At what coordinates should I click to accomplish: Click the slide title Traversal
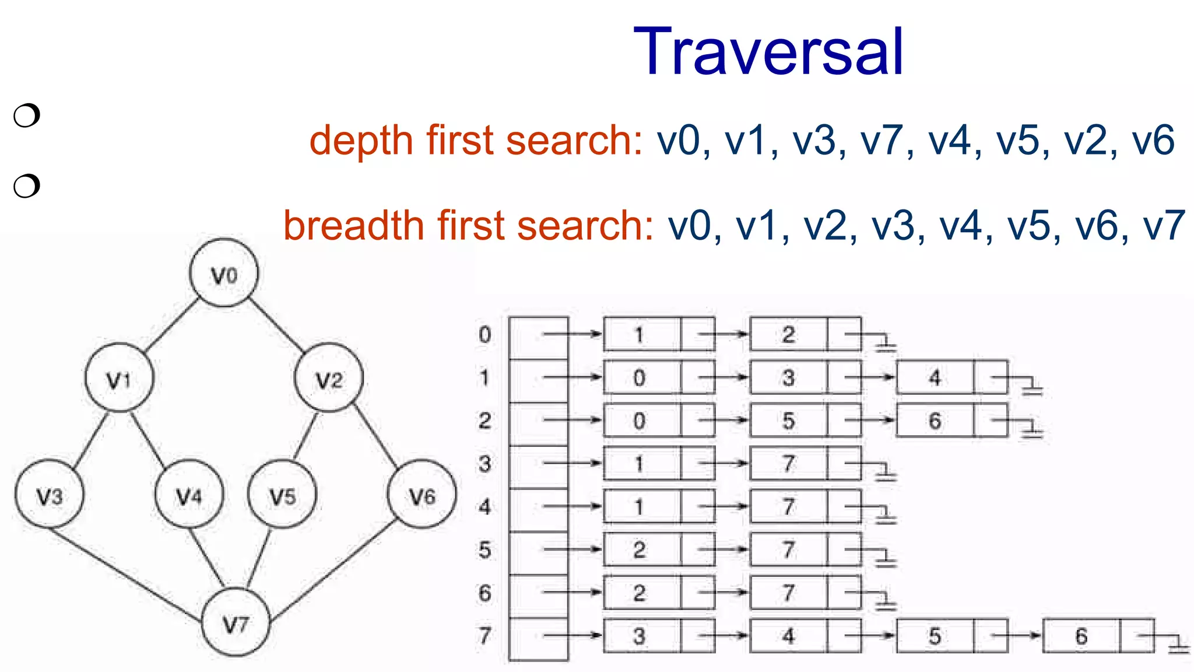(x=768, y=52)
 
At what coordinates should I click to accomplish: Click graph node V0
(x=224, y=273)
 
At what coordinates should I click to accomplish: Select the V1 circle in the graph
(x=120, y=378)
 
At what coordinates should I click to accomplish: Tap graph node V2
(x=329, y=378)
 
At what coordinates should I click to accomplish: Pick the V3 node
(x=49, y=495)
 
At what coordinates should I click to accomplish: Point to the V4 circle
(x=189, y=495)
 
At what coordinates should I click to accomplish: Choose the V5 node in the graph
(x=282, y=495)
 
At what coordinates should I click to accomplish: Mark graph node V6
(x=422, y=495)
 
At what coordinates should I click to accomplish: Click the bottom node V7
(x=236, y=623)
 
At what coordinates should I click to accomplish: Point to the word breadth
(x=353, y=226)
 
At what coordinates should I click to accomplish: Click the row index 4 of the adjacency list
(x=484, y=506)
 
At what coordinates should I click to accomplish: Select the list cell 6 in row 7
(x=1081, y=636)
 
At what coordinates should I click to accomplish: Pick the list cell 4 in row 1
(x=935, y=377)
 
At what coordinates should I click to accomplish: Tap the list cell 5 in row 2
(x=788, y=421)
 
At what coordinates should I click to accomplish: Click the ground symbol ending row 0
(x=886, y=345)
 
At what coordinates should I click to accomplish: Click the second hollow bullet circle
(x=27, y=186)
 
